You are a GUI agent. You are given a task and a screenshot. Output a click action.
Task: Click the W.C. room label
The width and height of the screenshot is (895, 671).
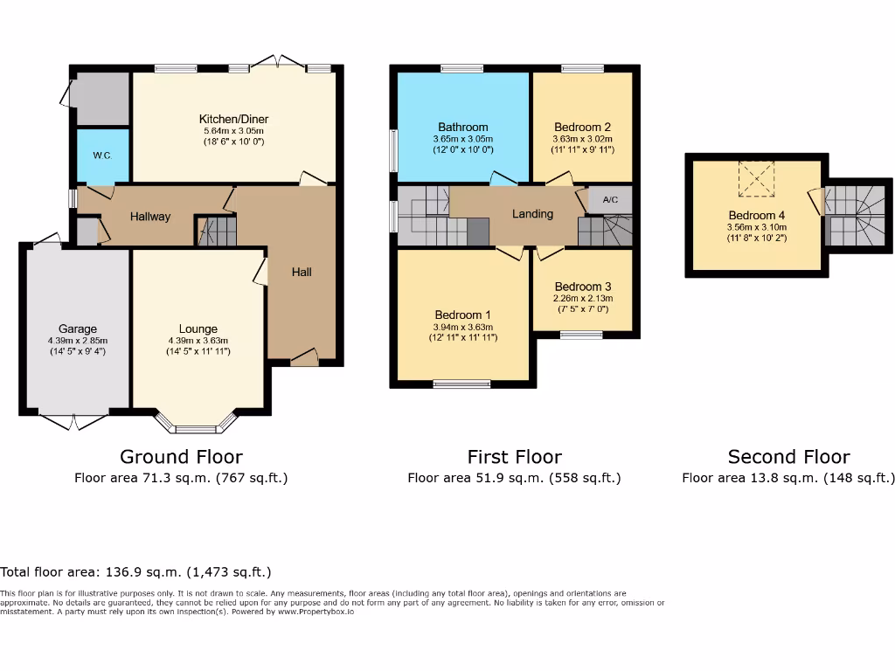pos(101,156)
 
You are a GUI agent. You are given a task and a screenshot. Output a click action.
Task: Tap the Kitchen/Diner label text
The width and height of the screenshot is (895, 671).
pos(233,119)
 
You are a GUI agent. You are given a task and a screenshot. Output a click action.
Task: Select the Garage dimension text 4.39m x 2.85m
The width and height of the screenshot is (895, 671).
pos(78,341)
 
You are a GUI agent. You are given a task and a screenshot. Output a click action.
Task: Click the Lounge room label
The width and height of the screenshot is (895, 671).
pos(198,329)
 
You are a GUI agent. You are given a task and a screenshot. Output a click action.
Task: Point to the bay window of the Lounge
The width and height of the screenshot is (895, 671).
pos(197,425)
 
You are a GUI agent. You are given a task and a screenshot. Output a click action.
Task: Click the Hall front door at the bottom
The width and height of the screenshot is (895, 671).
pos(303,356)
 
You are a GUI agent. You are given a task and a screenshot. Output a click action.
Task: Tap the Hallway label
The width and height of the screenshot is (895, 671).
pos(150,217)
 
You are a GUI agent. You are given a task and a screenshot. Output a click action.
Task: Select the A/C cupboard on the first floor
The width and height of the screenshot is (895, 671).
pos(610,200)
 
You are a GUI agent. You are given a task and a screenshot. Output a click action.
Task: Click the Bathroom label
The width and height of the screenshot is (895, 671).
pos(463,127)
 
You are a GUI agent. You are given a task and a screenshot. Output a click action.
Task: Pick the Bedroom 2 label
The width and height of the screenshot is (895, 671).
pos(582,127)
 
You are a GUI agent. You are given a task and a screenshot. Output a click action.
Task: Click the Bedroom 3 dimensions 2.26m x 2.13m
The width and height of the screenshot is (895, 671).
pos(582,298)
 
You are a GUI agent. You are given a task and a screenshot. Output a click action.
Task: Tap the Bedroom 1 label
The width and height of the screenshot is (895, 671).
pos(462,315)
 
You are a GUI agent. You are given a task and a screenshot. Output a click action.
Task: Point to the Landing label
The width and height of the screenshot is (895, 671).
pos(532,213)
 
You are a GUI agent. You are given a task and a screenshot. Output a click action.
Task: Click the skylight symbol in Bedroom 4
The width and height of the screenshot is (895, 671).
pos(756,179)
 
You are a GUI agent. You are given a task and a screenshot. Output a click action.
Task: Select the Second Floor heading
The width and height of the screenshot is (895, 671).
pos(788,456)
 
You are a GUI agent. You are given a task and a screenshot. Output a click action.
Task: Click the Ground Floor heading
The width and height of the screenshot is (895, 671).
pos(181,456)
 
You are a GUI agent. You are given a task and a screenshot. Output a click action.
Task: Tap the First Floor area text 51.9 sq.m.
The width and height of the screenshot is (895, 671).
pos(514,478)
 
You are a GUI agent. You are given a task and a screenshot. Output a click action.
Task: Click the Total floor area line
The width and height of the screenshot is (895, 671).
pos(135,572)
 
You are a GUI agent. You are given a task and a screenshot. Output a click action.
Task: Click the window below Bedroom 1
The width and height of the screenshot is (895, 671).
pos(462,383)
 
